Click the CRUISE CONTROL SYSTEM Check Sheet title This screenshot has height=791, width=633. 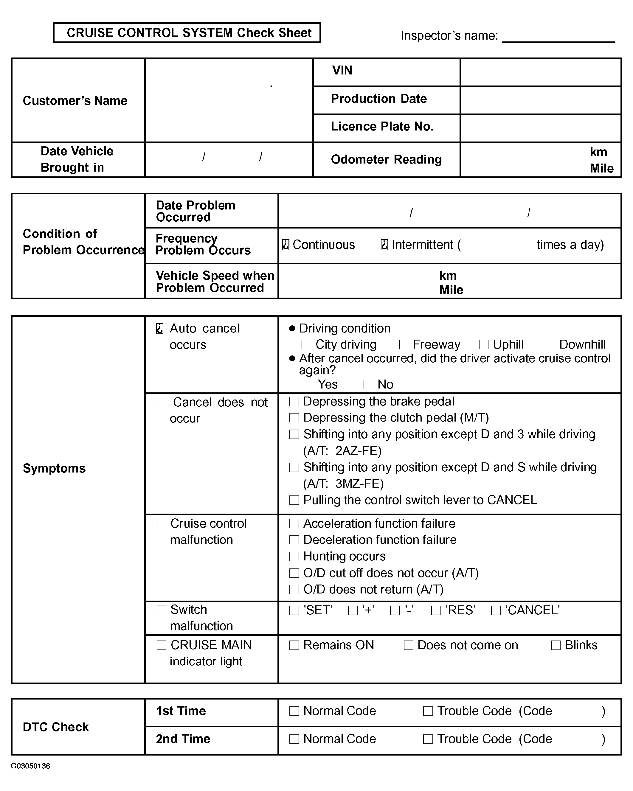pos(189,33)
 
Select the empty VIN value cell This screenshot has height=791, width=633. pos(540,72)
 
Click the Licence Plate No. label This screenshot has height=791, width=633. pos(382,127)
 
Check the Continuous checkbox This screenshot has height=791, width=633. pos(286,245)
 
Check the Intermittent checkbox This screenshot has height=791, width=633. pos(384,245)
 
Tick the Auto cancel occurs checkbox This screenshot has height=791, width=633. pos(160,328)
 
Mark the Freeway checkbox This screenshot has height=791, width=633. pos(404,344)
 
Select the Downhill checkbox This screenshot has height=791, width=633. pos(550,344)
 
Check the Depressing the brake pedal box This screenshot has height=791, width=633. pos(294,401)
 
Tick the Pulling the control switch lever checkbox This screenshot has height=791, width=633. pos(294,500)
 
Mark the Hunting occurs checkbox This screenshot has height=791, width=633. pos(294,557)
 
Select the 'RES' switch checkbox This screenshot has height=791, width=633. pos(436,610)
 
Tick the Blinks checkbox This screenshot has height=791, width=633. pos(556,645)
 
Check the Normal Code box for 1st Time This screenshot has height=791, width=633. pos(294,711)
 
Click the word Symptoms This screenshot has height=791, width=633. pos(54,469)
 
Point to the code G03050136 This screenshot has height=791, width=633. pos(30,766)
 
